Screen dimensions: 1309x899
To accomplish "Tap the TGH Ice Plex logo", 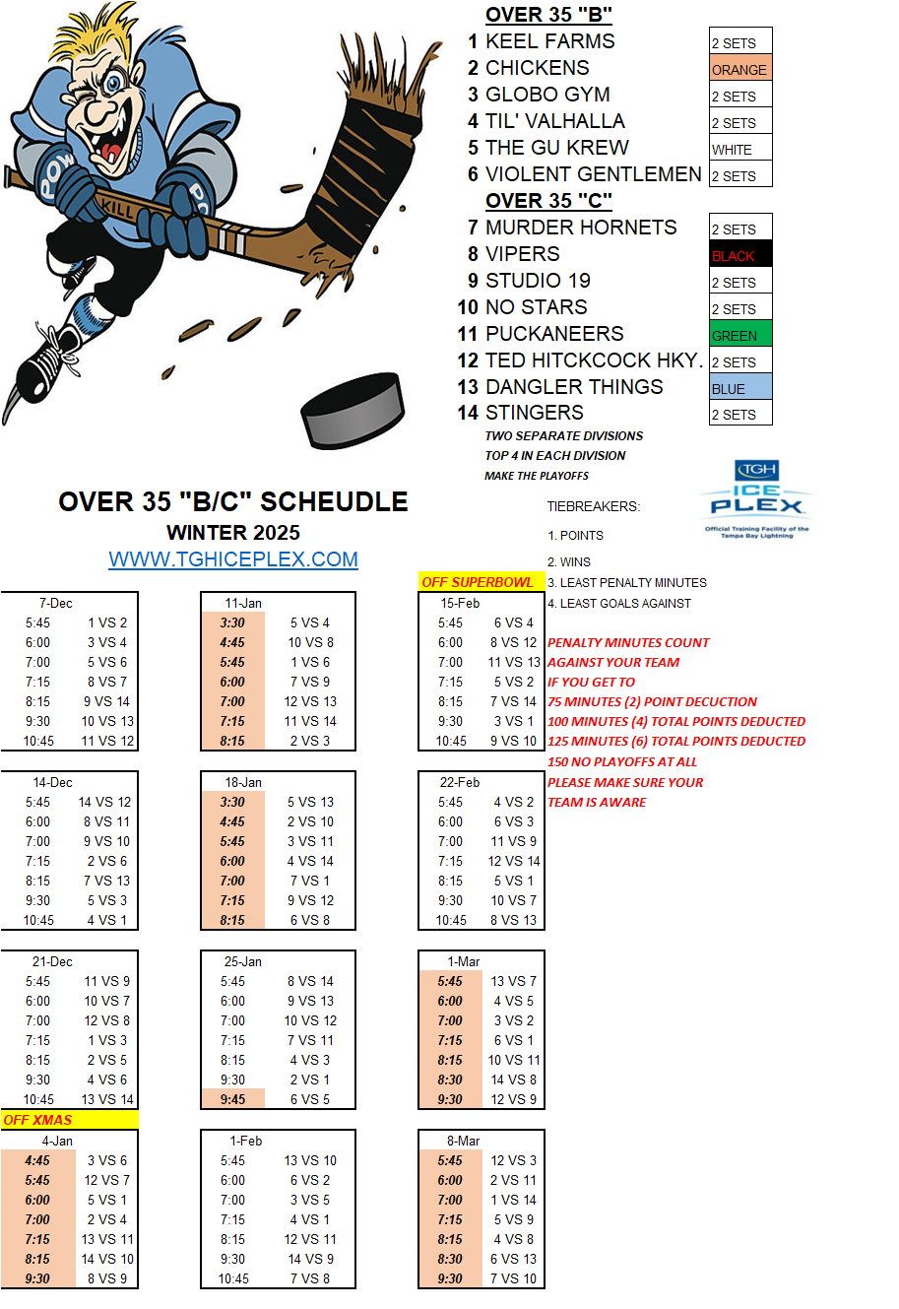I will (x=756, y=498).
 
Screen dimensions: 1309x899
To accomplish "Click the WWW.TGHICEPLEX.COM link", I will (x=233, y=560).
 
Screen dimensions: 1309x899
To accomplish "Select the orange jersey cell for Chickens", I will (x=739, y=70).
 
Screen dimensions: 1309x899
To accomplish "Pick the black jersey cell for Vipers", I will (x=739, y=256).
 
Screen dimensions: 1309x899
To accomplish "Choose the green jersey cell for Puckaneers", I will (x=739, y=336).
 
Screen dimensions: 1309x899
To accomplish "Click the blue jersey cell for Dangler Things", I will (x=739, y=389).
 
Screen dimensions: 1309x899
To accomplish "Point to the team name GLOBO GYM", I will (x=547, y=95).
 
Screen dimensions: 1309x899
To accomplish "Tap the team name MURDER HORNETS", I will (x=581, y=228).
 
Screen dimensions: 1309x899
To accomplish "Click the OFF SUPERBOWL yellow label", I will (x=478, y=582).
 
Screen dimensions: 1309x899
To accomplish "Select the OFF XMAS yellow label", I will (x=69, y=1120).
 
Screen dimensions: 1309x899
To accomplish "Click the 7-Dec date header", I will (x=56, y=603).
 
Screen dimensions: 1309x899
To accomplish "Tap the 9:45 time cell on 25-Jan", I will (x=233, y=1099).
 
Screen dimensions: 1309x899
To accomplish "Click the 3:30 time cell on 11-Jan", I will (x=232, y=622).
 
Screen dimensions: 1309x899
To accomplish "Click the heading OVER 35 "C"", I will (x=548, y=201).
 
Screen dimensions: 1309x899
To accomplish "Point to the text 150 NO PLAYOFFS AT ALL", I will (x=622, y=761).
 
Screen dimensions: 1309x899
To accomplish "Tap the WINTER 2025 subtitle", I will (x=233, y=533).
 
